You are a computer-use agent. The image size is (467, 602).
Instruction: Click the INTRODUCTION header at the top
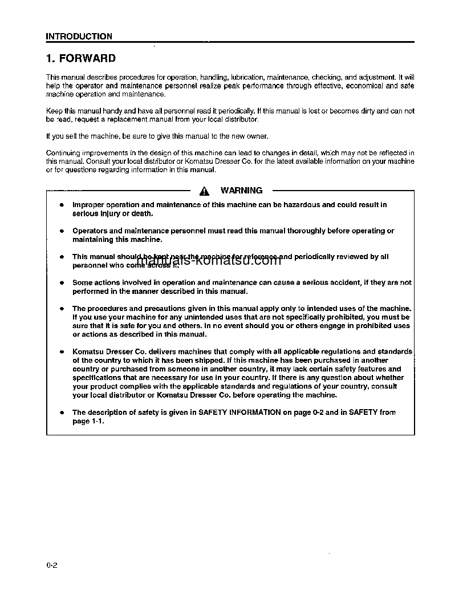coord(79,37)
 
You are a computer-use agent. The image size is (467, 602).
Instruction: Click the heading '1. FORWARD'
coord(81,58)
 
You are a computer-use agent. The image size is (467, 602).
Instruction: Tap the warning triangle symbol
coord(205,191)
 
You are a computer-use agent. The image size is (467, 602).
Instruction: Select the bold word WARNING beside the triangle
coord(241,191)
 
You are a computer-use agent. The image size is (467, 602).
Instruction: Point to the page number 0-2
coord(52,565)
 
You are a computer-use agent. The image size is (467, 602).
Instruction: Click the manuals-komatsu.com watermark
coord(209,261)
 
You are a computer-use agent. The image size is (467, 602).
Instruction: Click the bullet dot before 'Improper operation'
coord(60,205)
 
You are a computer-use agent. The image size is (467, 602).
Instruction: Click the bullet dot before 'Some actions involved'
coord(60,283)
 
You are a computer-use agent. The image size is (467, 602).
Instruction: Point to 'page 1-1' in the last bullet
coord(88,421)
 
